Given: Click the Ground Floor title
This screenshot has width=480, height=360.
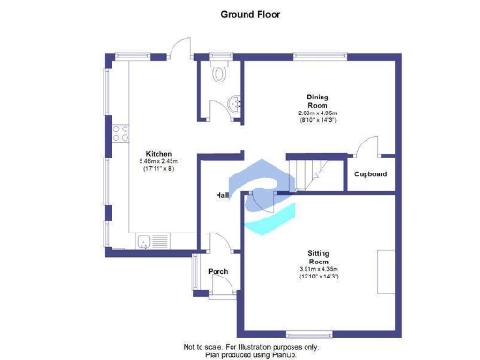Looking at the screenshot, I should click(249, 14).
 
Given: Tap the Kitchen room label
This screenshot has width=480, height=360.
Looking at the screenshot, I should click(158, 154).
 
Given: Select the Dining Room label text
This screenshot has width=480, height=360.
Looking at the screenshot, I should click(317, 100).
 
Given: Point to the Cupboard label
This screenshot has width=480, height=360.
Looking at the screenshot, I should click(370, 174).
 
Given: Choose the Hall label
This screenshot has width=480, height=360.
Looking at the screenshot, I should click(223, 195).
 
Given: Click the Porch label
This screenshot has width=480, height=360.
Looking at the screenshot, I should click(217, 272).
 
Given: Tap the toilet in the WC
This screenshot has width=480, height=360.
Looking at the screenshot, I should click(219, 72).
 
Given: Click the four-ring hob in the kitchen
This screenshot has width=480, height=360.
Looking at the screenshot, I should click(120, 134).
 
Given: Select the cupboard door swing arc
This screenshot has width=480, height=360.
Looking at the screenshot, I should click(367, 145).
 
